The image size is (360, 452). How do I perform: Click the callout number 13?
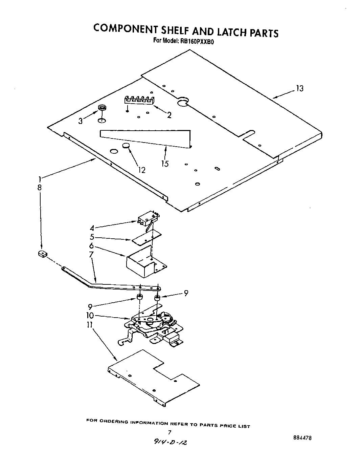tap(299, 89)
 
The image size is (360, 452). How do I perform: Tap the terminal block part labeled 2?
tap(139, 100)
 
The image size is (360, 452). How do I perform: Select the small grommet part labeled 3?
tap(101, 108)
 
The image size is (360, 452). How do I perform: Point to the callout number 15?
tap(165, 164)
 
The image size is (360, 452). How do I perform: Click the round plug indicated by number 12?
tap(126, 146)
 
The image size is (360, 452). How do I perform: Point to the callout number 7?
tap(91, 254)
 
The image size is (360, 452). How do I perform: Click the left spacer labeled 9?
tap(139, 298)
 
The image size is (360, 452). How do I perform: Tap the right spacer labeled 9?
tap(157, 298)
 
